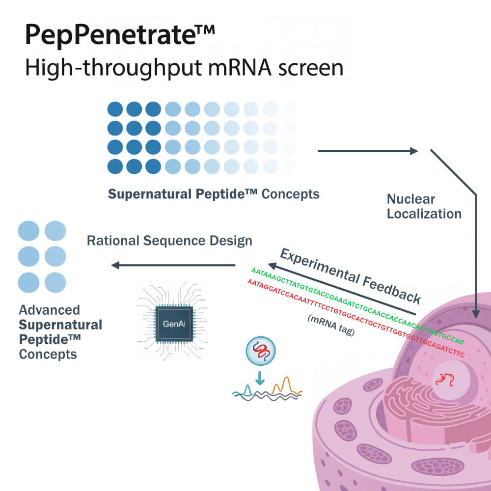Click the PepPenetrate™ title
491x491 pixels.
(120, 35)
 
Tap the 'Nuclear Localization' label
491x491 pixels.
(424, 206)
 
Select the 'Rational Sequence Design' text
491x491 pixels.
(169, 241)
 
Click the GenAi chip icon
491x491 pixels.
(172, 324)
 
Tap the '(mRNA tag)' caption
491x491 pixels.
(330, 326)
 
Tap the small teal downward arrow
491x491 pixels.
(260, 378)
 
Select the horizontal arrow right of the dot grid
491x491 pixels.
(368, 151)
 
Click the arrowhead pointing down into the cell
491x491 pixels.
(475, 313)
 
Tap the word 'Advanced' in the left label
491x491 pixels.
(49, 310)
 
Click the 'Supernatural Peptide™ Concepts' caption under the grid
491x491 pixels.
(214, 194)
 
